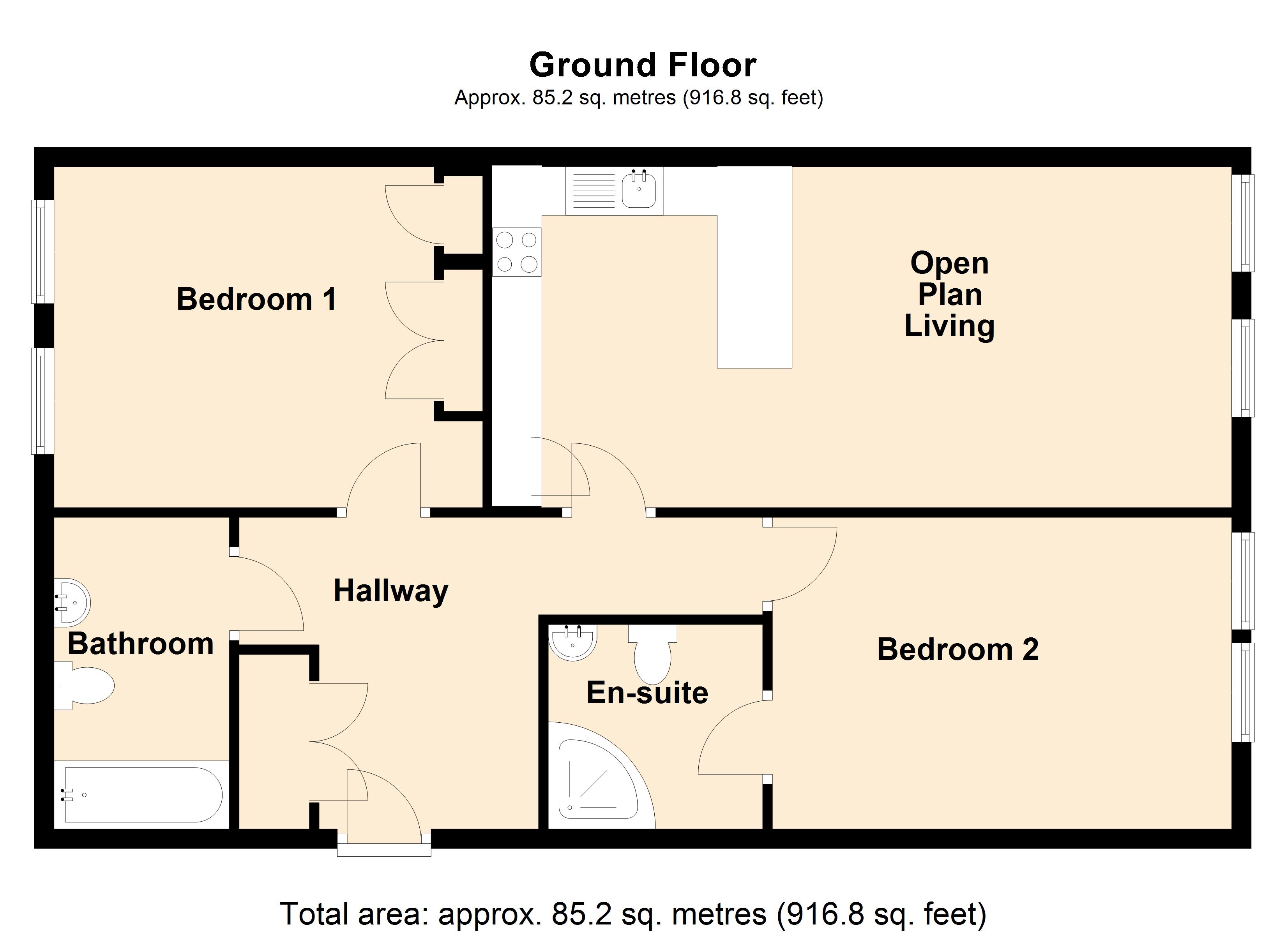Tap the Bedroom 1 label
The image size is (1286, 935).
click(256, 299)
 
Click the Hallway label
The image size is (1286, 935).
click(391, 591)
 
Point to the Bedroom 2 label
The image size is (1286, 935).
click(958, 650)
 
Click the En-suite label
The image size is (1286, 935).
click(647, 693)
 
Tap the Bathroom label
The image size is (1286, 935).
click(141, 644)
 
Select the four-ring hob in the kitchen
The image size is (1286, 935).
click(517, 252)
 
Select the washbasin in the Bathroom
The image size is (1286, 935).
click(72, 602)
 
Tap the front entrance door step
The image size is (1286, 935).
click(384, 850)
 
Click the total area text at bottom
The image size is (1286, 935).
click(633, 914)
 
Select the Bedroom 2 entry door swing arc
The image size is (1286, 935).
click(814, 573)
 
